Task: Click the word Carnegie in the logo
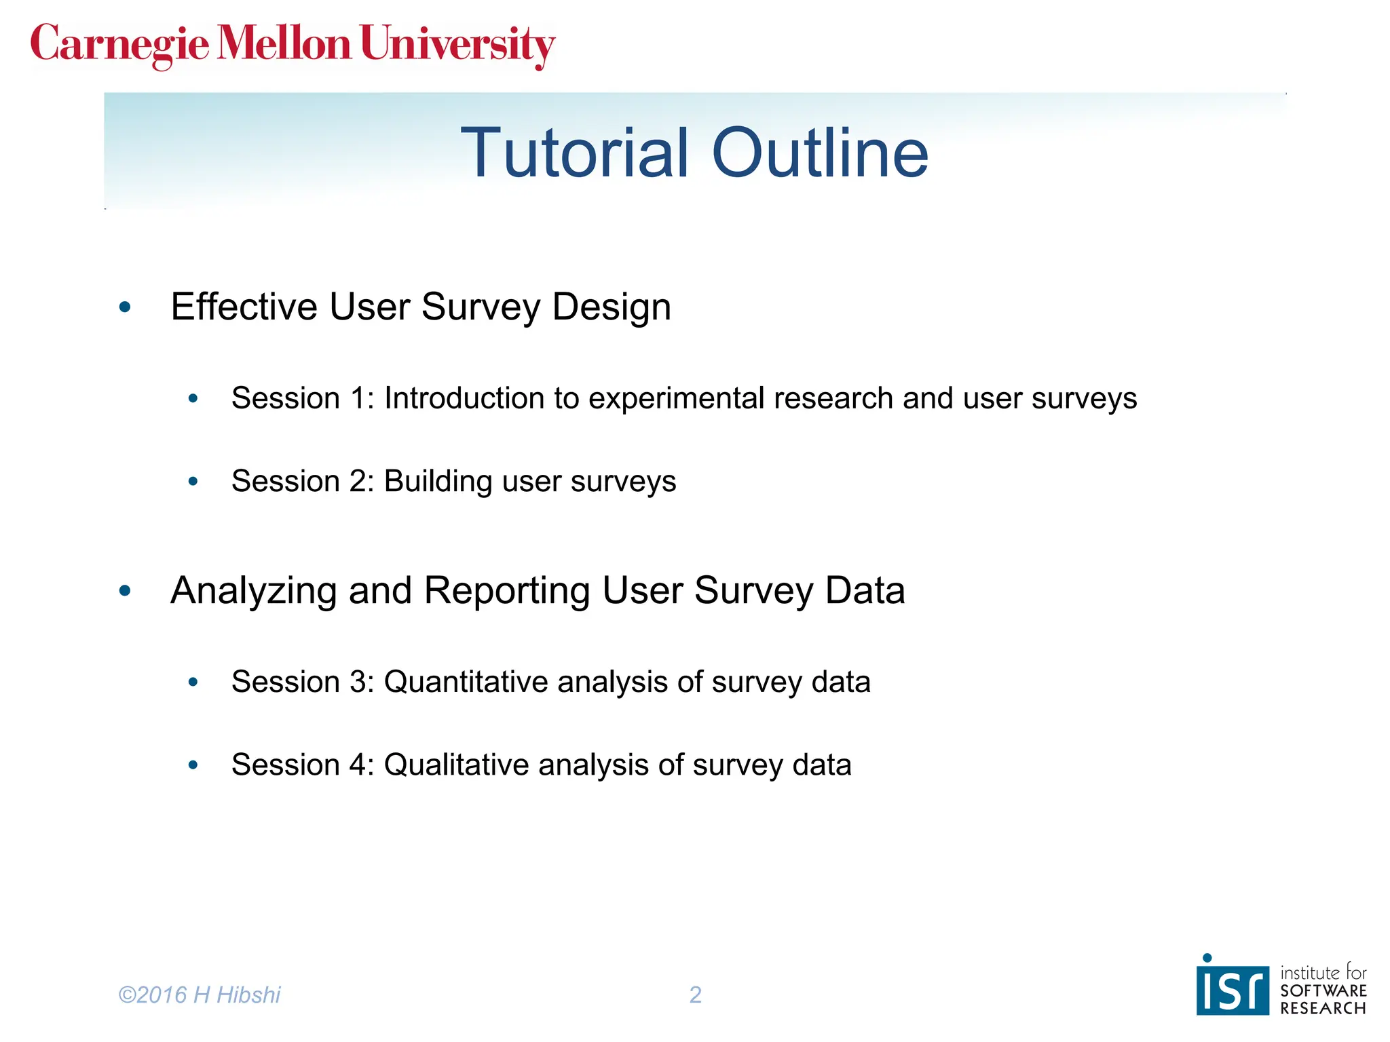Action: [119, 45]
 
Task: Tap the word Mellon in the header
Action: [284, 43]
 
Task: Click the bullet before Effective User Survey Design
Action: [125, 307]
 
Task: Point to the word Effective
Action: [243, 307]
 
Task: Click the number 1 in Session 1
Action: [358, 398]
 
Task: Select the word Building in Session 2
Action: [438, 481]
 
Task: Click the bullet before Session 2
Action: [193, 482]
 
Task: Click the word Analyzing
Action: [252, 590]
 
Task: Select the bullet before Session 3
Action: [193, 682]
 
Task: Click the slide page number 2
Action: [695, 995]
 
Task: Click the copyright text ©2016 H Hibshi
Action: [199, 995]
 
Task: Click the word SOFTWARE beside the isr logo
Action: [1323, 991]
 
